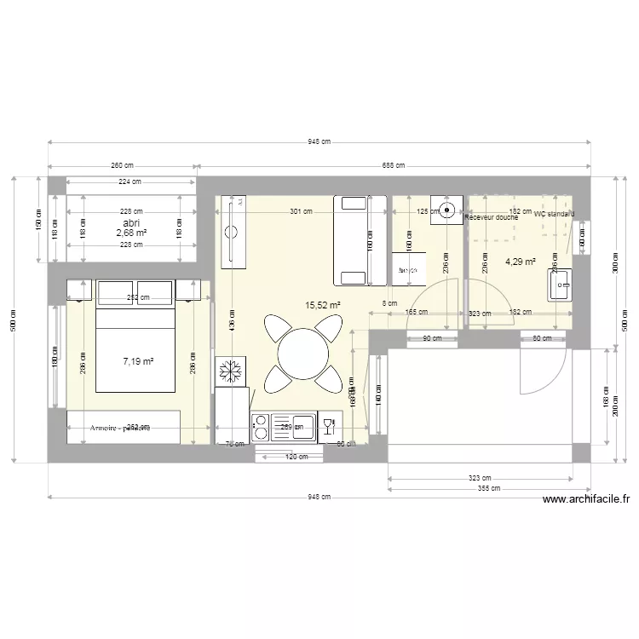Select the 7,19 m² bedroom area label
coord(137,361)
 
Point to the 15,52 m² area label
coord(323,304)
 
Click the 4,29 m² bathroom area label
coord(520,262)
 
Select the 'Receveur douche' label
coord(491,218)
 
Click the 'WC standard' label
coord(554,214)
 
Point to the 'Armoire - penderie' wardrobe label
coord(119,428)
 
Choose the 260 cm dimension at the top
coord(123,165)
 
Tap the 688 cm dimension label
coord(393,165)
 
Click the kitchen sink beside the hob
coord(326,426)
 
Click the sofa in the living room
coord(352,239)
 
